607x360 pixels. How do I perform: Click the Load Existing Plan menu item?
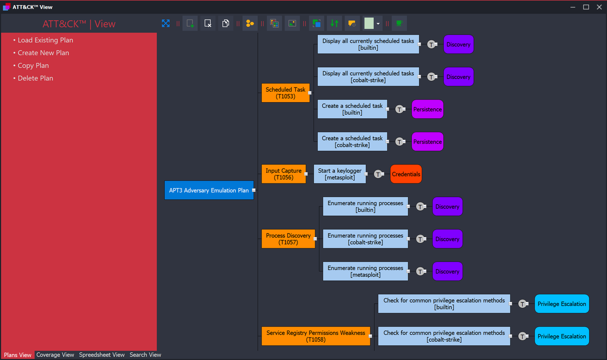click(45, 40)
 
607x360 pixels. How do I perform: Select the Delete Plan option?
click(35, 78)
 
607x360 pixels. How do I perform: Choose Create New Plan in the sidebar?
click(43, 53)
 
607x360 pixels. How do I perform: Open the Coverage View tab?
click(55, 355)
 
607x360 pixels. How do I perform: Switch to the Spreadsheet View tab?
click(102, 355)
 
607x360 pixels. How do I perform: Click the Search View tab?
click(145, 355)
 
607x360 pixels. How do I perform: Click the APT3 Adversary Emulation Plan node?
click(209, 191)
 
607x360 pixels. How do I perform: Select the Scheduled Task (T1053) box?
click(285, 93)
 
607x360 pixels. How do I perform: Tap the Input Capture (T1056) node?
click(283, 174)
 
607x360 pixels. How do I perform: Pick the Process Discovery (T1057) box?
click(288, 239)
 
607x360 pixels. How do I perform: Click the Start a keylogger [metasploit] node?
click(339, 174)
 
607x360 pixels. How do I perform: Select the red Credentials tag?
click(406, 174)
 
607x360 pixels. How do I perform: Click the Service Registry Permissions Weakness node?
click(316, 336)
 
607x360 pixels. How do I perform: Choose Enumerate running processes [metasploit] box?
click(365, 272)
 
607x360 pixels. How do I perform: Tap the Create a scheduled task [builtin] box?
click(352, 109)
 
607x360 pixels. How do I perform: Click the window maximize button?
click(586, 7)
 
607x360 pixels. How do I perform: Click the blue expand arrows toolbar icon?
click(165, 23)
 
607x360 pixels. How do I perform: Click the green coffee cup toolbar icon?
click(399, 23)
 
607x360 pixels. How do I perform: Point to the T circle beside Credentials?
click(378, 174)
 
